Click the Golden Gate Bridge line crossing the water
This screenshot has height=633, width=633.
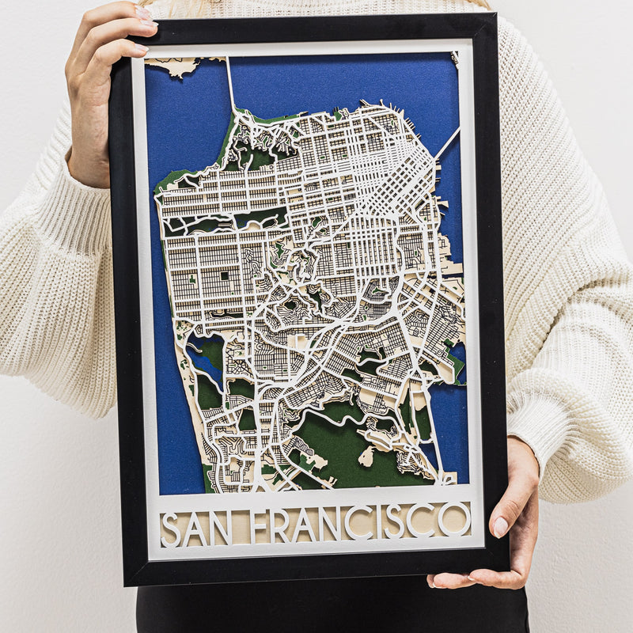pyautogui.click(x=230, y=84)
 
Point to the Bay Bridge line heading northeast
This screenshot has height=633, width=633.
pyautogui.click(x=447, y=143)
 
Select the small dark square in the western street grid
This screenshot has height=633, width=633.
pyautogui.click(x=225, y=276)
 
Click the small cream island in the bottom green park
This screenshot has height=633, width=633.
pyautogui.click(x=366, y=457)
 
